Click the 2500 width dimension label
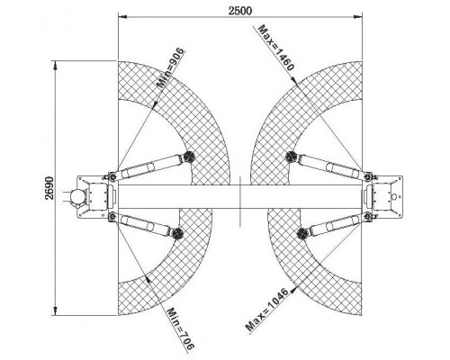coord(240,11)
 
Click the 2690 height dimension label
coord(49,188)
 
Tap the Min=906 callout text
coord(171,67)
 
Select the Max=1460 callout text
coord(275,48)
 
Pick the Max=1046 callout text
coord(266,310)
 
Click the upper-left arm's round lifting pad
coord(189,157)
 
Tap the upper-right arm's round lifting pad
coord(290,157)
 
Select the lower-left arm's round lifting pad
coord(177,233)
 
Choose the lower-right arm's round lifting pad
coord(301,233)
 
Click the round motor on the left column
coord(76,197)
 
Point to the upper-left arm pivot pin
coord(112,177)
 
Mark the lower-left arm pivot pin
coord(112,217)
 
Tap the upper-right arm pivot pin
coord(367,176)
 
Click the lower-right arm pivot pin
coord(367,216)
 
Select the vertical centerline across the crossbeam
coord(240,202)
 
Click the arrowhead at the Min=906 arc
coord(155,104)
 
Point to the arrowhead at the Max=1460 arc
coord(293,80)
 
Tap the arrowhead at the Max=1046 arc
coord(293,289)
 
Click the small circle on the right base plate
coord(395,197)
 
